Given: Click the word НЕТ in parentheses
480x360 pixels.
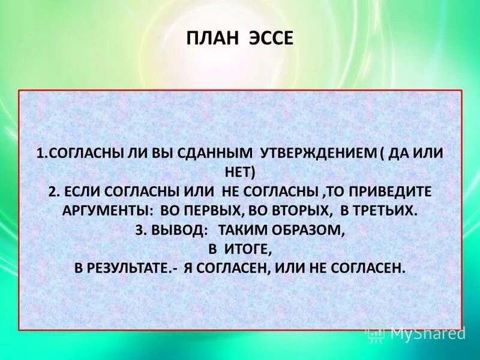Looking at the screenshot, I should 241,172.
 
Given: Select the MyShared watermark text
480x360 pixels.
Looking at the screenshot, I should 427,332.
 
